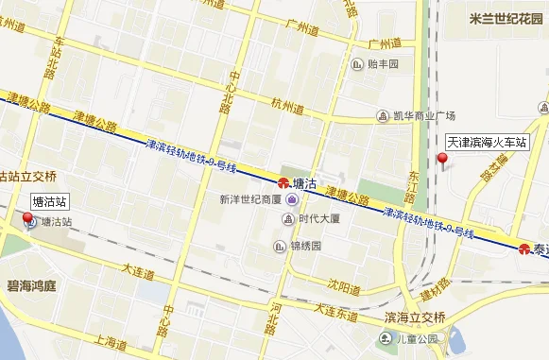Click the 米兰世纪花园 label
pyautogui.click(x=504, y=19)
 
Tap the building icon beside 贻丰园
pyautogui.click(x=357, y=64)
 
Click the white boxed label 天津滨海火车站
pyautogui.click(x=487, y=142)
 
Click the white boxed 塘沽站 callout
pyautogui.click(x=49, y=201)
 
